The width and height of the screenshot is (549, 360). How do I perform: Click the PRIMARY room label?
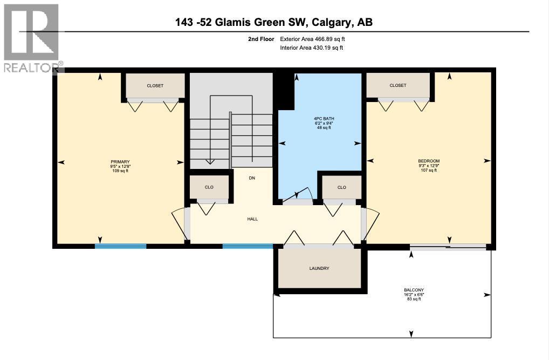point(120,161)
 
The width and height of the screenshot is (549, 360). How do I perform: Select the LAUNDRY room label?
point(319,268)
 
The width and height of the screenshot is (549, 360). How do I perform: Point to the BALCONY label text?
point(413,290)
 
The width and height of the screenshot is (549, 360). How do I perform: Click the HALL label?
point(252,219)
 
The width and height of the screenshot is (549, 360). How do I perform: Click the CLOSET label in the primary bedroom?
point(155,86)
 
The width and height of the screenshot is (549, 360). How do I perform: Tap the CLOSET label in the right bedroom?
point(398,85)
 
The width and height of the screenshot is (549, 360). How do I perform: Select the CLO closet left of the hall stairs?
point(209,187)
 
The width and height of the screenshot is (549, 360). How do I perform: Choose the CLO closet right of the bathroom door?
point(341,187)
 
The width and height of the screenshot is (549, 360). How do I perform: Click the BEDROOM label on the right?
point(429,161)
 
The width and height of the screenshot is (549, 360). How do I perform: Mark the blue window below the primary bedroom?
point(121,246)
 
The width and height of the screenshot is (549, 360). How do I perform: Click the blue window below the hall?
point(248,246)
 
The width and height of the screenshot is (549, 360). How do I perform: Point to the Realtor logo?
point(31,38)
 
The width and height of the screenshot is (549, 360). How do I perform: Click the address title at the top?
point(274,22)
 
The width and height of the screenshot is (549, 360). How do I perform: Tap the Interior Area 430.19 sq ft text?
point(312,48)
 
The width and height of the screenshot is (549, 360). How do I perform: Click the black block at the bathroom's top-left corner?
point(283,89)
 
